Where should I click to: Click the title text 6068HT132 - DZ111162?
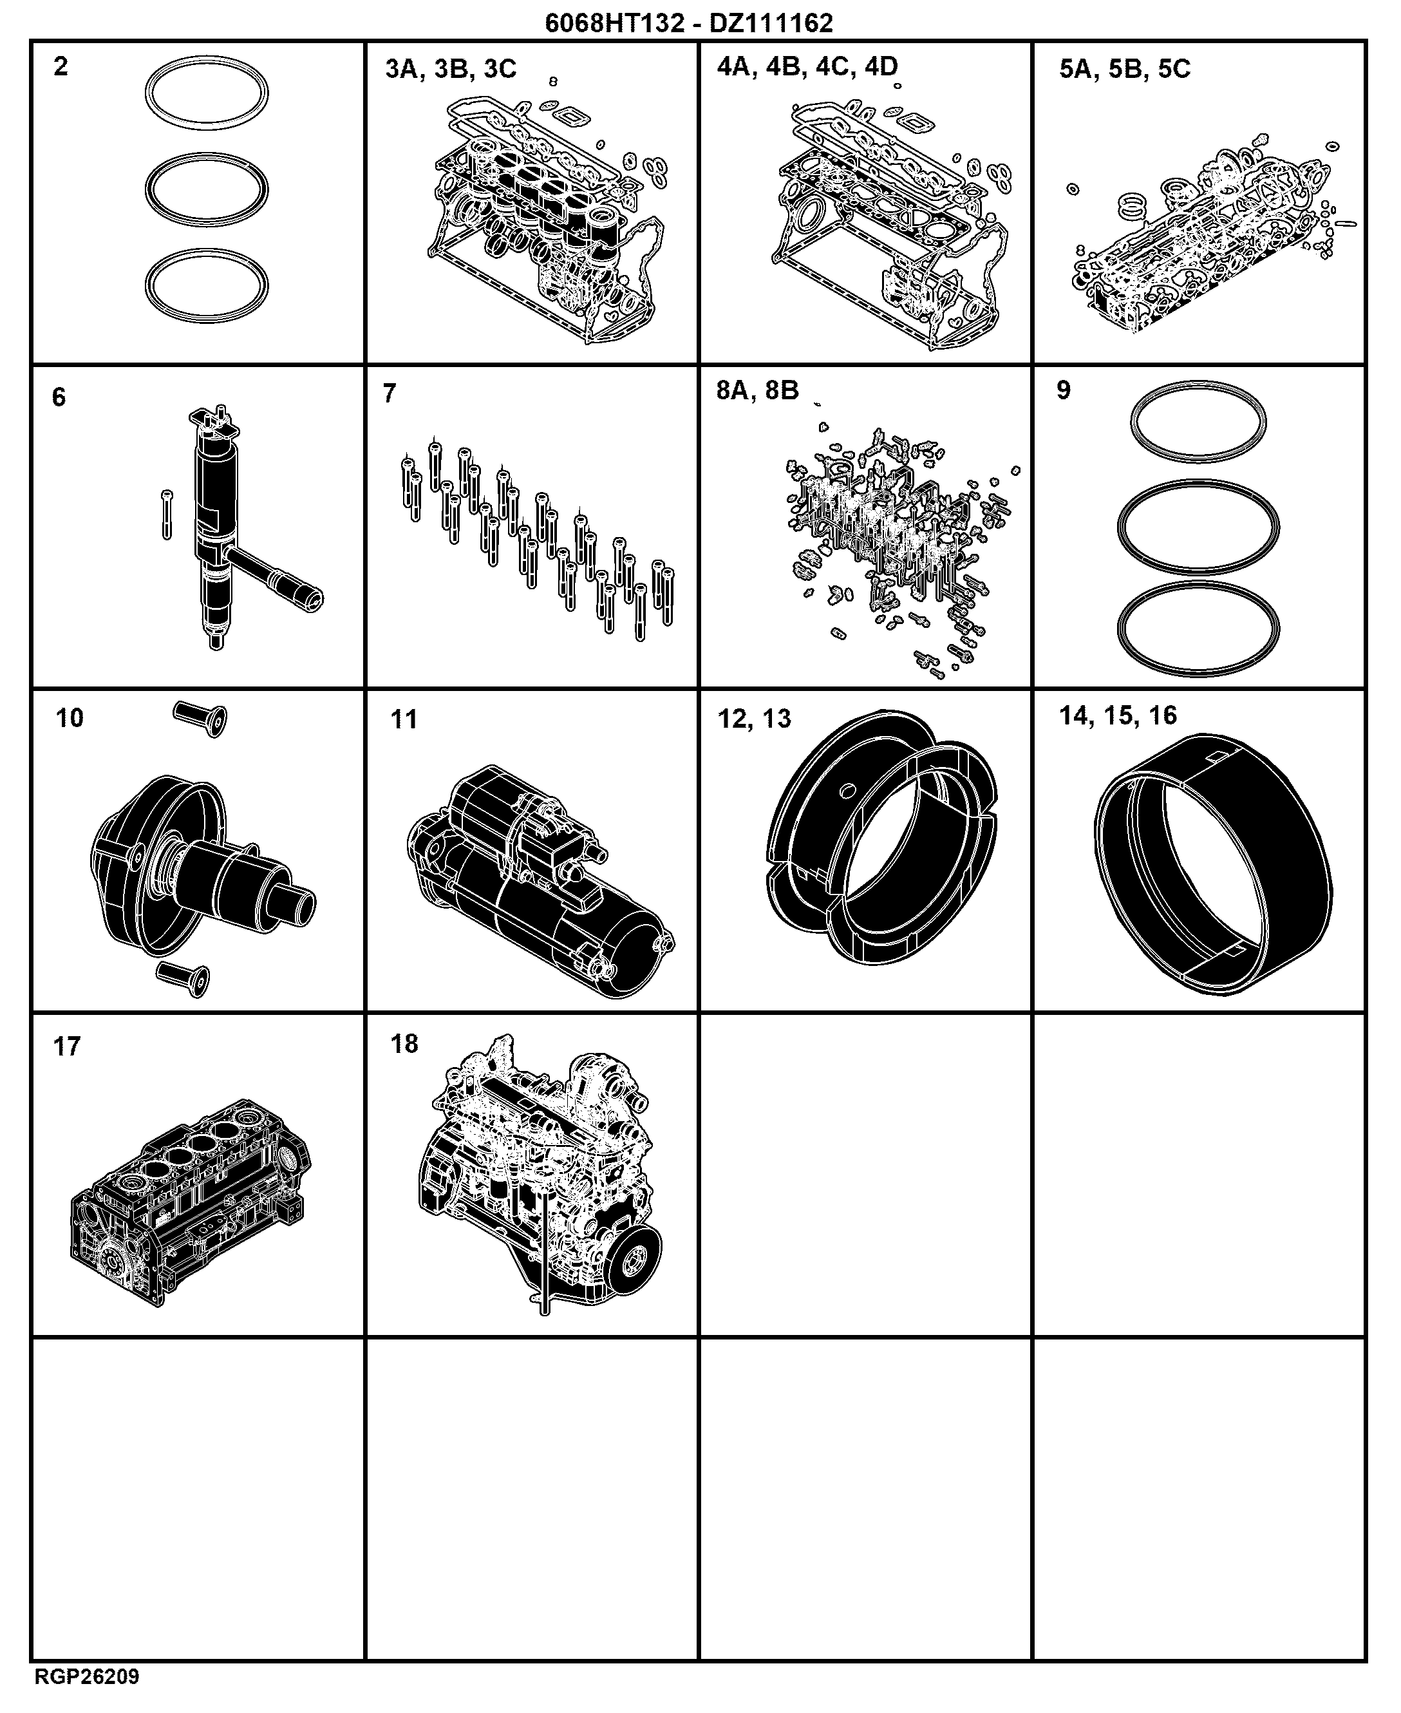[x=688, y=23]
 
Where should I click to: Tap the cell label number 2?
[x=61, y=66]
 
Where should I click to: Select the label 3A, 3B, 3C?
[x=450, y=70]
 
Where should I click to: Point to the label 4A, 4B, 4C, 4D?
[x=807, y=66]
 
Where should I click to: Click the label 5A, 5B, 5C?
[x=1124, y=70]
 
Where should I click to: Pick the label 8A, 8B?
[x=757, y=391]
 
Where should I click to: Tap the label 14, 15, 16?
[x=1118, y=715]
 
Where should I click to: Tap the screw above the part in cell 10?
[x=201, y=717]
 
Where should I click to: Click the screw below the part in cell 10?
[x=183, y=978]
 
